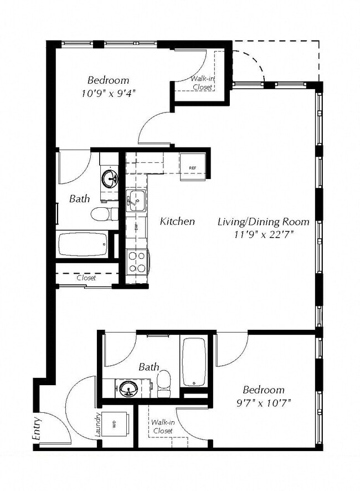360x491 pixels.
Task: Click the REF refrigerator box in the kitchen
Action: tap(193, 167)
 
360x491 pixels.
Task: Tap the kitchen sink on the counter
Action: tap(135, 201)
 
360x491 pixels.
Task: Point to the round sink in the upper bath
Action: tap(109, 179)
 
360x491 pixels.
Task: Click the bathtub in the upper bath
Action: tap(83, 244)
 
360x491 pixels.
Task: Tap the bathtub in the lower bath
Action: tap(194, 362)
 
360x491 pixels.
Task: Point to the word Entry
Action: tap(37, 429)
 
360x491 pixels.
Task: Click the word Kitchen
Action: tap(177, 222)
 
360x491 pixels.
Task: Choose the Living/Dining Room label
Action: tap(263, 222)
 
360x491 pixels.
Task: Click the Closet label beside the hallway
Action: tap(86, 278)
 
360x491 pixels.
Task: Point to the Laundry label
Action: tap(97, 425)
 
